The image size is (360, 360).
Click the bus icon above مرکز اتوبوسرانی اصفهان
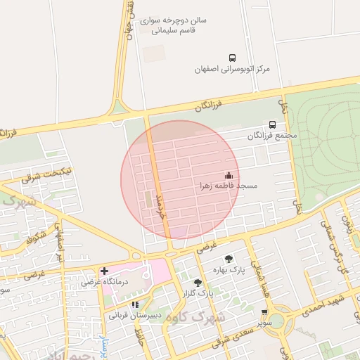point(232,58)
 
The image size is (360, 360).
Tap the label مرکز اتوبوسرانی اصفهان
point(233,70)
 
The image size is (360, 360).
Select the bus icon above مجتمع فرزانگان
point(273,124)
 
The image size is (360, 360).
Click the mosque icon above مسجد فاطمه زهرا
point(228,174)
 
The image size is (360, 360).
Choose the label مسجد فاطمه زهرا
point(227,186)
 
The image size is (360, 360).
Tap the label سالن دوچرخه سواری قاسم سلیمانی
point(173,26)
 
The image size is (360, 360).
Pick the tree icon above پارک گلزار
point(198,282)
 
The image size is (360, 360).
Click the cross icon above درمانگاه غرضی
point(104,270)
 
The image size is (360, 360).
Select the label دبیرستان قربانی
point(135,316)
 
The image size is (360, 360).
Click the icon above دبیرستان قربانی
point(135,304)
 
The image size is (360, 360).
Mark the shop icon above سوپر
point(264,312)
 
